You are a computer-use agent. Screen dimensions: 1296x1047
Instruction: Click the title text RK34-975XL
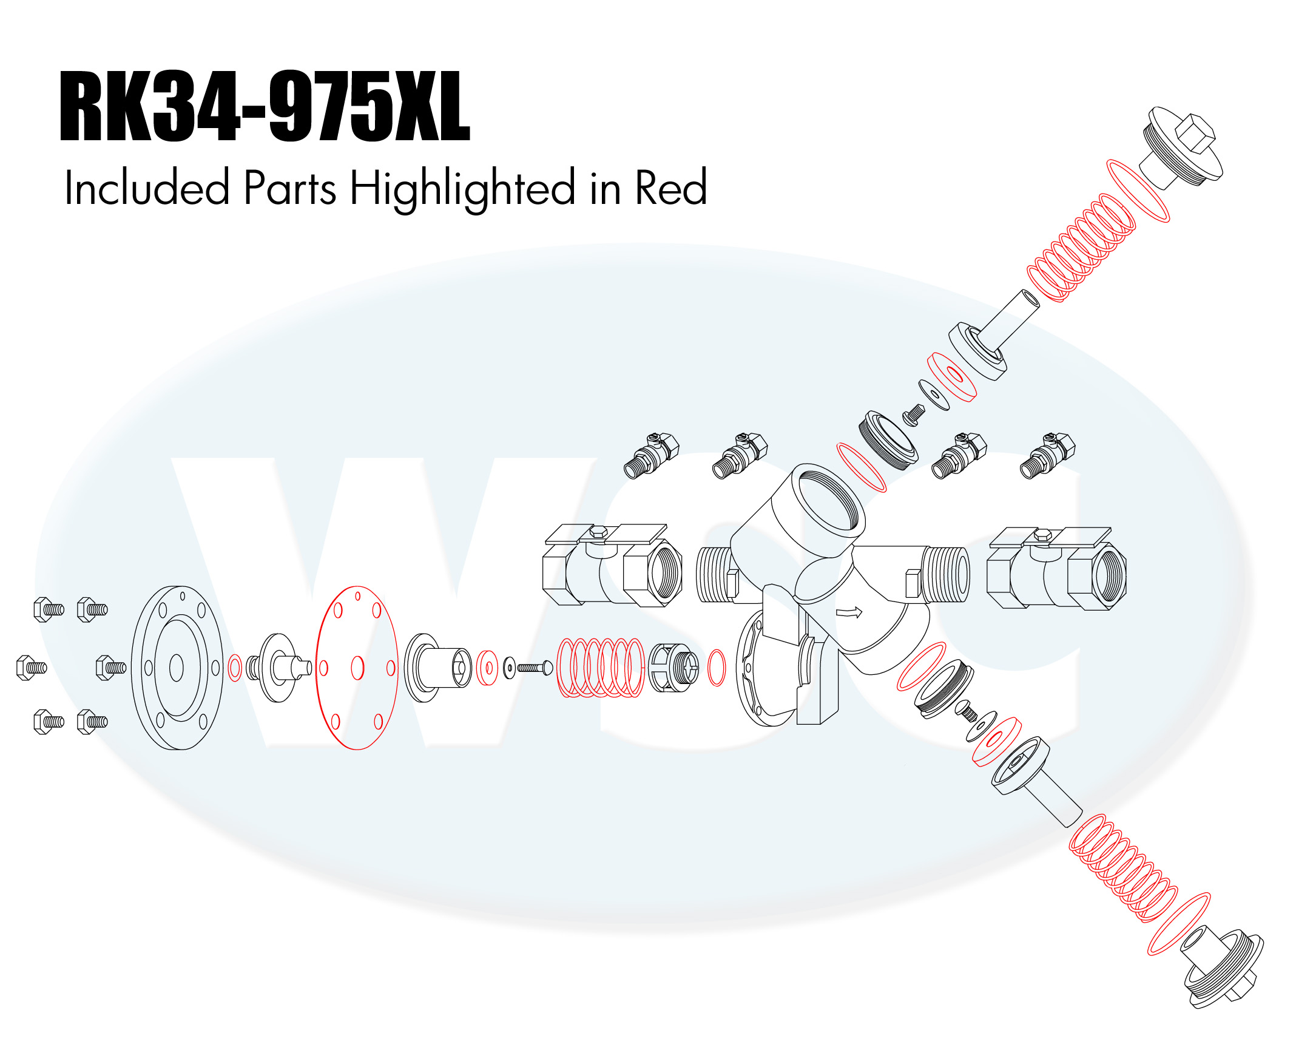(x=265, y=107)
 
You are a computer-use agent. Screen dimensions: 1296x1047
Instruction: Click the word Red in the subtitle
(x=671, y=188)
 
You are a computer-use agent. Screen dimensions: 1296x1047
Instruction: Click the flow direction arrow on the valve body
(x=849, y=612)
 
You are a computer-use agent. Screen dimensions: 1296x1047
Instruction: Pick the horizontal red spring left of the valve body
(x=601, y=667)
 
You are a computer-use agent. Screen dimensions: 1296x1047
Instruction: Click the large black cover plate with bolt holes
(x=177, y=668)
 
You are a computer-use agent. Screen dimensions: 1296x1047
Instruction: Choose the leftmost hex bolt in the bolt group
(x=31, y=668)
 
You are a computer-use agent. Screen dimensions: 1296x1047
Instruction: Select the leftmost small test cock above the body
(x=652, y=455)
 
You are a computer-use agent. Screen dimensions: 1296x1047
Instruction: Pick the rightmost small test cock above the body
(x=1048, y=455)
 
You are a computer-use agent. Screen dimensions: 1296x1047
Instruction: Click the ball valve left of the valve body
(x=612, y=566)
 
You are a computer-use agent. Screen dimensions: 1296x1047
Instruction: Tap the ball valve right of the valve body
(x=1056, y=568)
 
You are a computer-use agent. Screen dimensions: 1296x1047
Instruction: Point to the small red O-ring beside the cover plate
(x=235, y=668)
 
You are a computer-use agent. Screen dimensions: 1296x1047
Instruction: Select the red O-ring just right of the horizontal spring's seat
(x=717, y=668)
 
